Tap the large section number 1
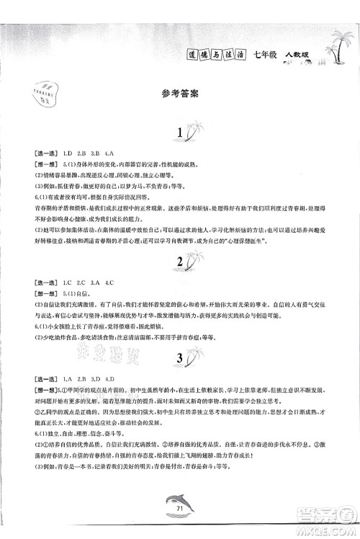tap(180, 134)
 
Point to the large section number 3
tap(179, 357)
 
